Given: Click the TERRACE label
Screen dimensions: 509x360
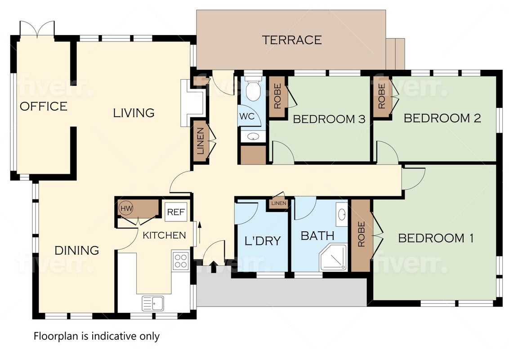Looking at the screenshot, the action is tap(292, 40).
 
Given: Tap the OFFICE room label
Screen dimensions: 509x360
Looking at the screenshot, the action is tap(44, 106).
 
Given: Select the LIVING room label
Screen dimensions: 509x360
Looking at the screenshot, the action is tap(134, 113).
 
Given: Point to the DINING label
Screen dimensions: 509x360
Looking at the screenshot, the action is tap(76, 250).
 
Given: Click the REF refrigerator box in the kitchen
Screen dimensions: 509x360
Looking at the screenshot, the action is tap(176, 212).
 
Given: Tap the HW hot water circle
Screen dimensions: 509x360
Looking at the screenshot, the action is tap(126, 208).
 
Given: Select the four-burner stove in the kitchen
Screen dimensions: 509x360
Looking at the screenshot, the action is tap(180, 261).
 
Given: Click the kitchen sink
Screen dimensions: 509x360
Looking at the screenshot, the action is tap(153, 303).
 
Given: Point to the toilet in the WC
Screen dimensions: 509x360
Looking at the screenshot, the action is tap(253, 88).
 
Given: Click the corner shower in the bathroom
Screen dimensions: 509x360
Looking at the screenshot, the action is tap(333, 258).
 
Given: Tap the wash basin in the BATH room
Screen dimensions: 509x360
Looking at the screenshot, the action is tap(341, 214).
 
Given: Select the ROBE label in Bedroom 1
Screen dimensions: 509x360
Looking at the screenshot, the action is tap(361, 234).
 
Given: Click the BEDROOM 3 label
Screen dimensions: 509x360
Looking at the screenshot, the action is tap(329, 119).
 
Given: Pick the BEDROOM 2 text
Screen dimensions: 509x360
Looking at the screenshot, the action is tap(442, 118).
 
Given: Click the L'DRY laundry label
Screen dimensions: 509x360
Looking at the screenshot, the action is tap(262, 241).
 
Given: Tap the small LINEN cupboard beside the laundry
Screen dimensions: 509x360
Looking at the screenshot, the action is tap(278, 203).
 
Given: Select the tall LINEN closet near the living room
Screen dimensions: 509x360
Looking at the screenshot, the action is tap(200, 141).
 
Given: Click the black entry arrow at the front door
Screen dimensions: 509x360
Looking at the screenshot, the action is tap(213, 267).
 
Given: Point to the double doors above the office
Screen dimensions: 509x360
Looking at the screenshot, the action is tap(37, 29).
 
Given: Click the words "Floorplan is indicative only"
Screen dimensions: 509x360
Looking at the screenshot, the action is tap(97, 336).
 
